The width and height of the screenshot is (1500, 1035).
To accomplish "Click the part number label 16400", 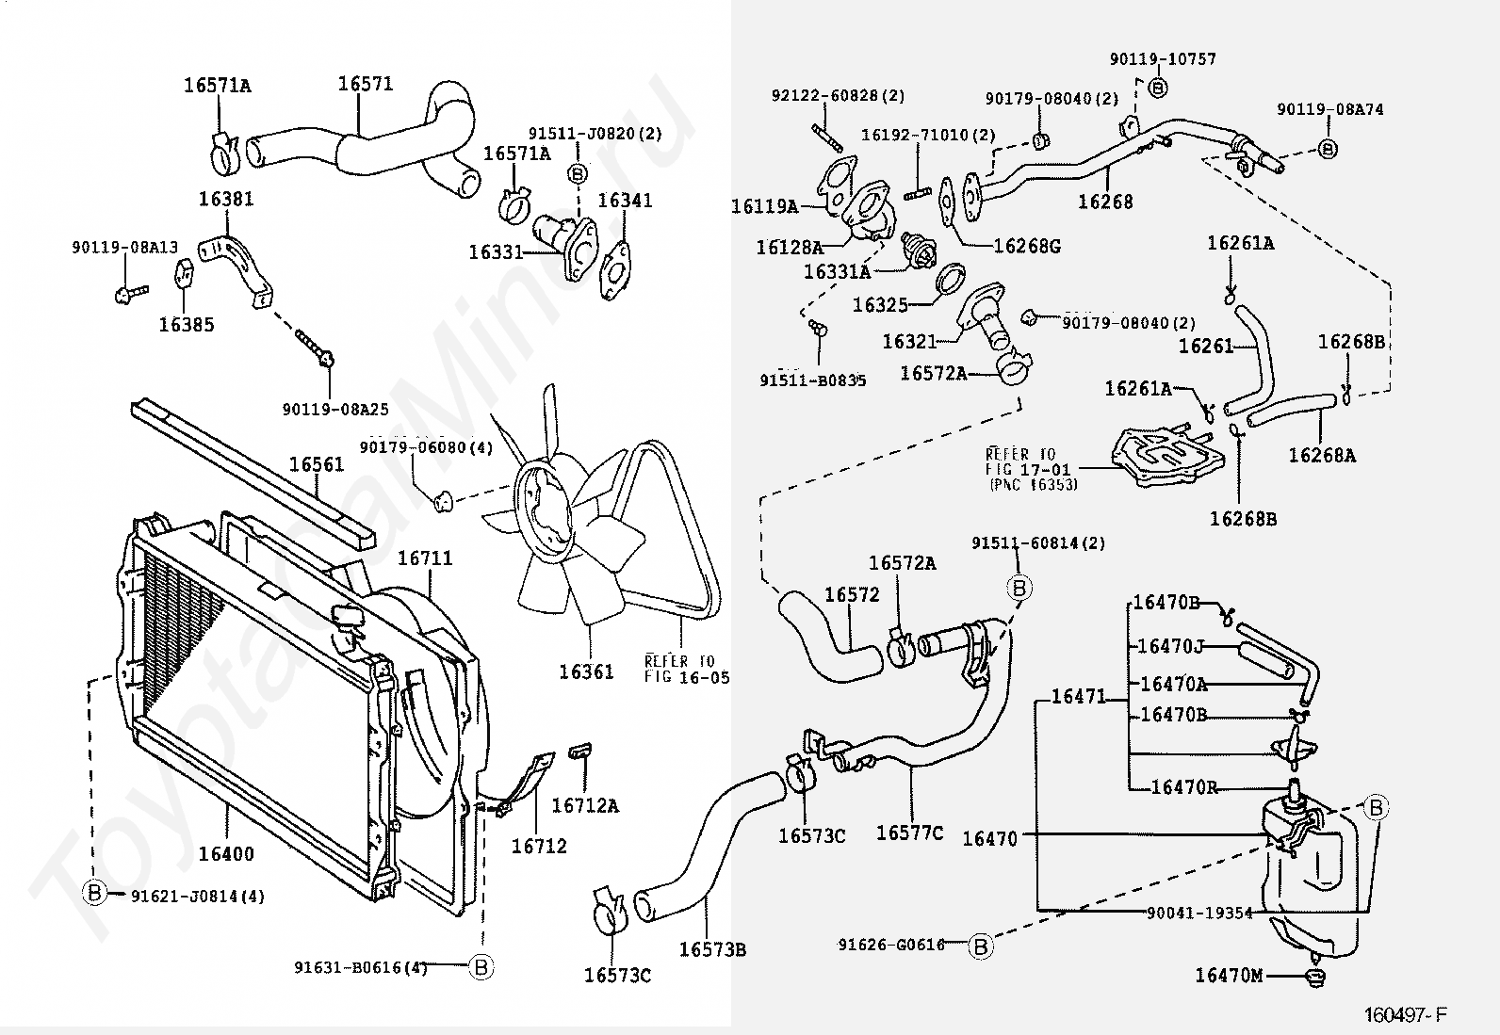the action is tap(226, 853).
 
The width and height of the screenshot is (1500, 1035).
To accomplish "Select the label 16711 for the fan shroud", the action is tap(425, 558).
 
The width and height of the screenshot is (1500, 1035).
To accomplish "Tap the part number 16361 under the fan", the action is tap(587, 671).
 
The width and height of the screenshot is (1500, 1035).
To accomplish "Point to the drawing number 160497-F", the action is tap(1406, 1015).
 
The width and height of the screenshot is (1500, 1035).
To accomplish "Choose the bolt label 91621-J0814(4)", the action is tap(198, 896).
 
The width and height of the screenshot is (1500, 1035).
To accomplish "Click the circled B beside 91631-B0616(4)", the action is tap(481, 966).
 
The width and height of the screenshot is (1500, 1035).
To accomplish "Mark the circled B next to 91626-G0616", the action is tap(980, 946).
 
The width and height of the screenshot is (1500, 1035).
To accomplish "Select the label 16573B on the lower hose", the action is tap(712, 949).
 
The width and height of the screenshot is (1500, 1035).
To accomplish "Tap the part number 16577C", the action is tap(909, 833).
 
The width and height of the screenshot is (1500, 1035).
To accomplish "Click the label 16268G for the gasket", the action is tap(1027, 247).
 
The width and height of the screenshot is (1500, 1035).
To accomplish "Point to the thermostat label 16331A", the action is tap(837, 272).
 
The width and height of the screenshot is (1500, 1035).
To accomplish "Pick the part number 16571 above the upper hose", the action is tap(366, 84).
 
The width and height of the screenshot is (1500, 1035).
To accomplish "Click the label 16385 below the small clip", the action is tap(187, 325).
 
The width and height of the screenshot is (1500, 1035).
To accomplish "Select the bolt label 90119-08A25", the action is tap(335, 409).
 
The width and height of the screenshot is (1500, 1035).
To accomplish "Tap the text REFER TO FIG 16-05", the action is tap(686, 669).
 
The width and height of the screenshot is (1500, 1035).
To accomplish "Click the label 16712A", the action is tap(585, 806).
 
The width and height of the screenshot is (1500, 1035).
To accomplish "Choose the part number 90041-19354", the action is tap(1199, 914).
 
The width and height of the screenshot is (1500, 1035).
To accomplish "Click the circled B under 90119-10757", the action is tap(1158, 87).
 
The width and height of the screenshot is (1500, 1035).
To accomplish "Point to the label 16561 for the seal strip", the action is tap(316, 464).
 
